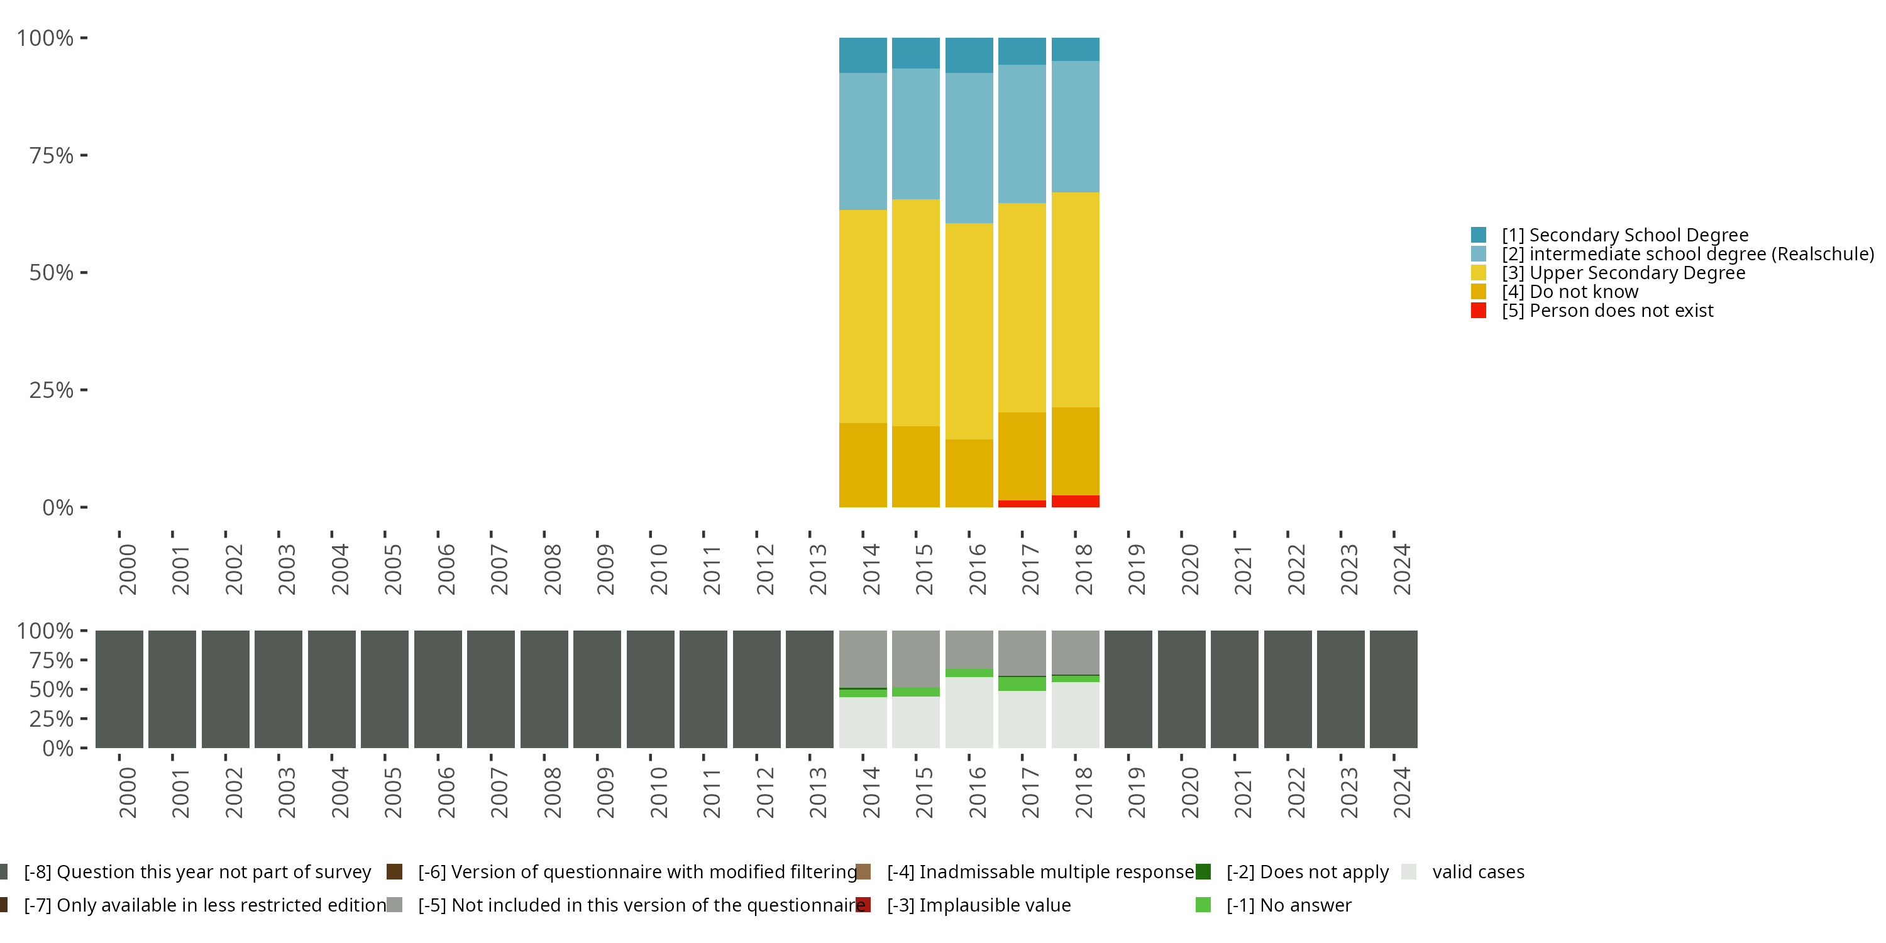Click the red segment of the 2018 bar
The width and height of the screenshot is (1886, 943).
tap(1075, 502)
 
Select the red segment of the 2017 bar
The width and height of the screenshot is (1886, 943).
tap(1022, 504)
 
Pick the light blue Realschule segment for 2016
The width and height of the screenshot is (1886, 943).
tap(969, 148)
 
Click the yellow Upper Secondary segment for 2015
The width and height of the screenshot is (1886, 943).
tap(915, 312)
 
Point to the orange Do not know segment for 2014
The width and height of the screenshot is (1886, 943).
tap(863, 465)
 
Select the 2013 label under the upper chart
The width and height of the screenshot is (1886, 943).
tap(818, 570)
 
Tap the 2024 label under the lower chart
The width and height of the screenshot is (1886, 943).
tap(1401, 793)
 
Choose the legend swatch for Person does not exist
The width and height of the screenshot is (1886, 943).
tap(1478, 311)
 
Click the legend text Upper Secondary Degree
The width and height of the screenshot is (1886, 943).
tap(1637, 273)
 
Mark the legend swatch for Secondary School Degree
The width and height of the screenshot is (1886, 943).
tap(1478, 235)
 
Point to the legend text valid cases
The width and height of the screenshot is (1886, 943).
tap(1478, 872)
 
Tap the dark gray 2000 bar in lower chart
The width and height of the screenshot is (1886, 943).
tap(119, 689)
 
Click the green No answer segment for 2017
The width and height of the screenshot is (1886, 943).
tap(1022, 684)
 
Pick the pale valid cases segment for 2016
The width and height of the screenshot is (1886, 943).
tap(969, 712)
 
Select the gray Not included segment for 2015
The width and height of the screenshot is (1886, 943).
tap(915, 658)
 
